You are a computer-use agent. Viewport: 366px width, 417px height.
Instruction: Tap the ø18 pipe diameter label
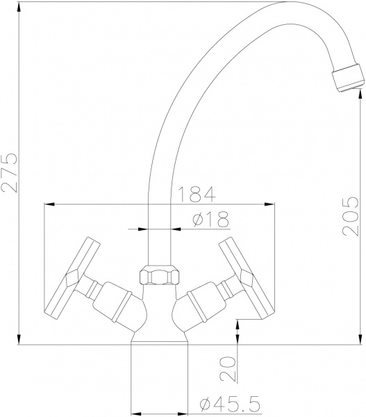[x=208, y=219]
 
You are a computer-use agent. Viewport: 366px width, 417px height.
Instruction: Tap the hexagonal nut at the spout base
[x=160, y=275]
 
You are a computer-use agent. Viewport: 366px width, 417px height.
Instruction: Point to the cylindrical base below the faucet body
[x=160, y=375]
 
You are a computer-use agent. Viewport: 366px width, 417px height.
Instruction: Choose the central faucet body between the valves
[x=160, y=313]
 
